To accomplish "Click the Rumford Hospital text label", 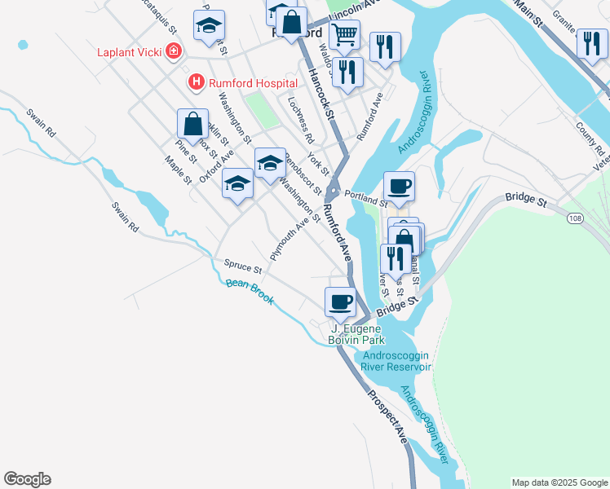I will point(242,82).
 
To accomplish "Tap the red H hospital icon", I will point(196,82).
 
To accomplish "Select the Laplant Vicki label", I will point(129,52).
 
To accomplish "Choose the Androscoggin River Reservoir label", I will point(396,360).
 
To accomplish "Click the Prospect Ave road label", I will point(387,417).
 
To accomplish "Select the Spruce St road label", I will point(241,267).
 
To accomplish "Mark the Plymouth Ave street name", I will point(294,237).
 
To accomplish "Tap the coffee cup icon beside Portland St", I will point(399,187).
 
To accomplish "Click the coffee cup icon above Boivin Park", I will point(340,302).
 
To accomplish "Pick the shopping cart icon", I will point(345,35).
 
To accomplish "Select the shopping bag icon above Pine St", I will point(192,125).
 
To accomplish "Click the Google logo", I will point(27,479).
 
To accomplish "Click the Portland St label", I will point(365,198).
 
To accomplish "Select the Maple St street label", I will point(177,170).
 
